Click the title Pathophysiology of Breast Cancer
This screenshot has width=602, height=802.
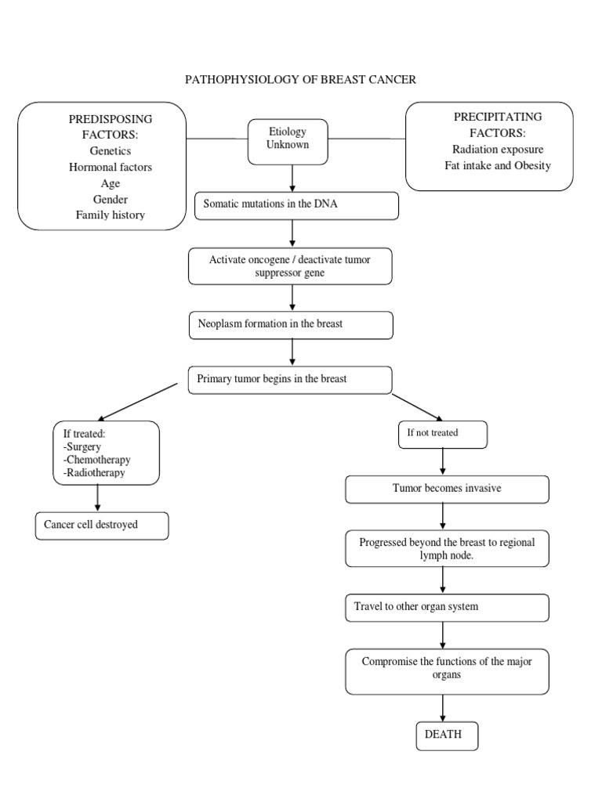[x=300, y=80]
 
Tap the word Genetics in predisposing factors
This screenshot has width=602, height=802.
[x=110, y=151]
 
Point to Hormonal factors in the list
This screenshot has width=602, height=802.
[x=110, y=167]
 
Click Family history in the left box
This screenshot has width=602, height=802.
[x=110, y=215]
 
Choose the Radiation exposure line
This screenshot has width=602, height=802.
[x=498, y=149]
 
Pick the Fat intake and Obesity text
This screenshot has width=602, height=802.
[x=498, y=165]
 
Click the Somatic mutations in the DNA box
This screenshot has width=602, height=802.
[x=296, y=205]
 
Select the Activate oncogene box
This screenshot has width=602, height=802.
[x=290, y=266]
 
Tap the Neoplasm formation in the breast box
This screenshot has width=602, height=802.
[x=291, y=324]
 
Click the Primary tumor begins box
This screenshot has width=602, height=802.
[x=290, y=380]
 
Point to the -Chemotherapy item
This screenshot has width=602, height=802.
[x=97, y=460]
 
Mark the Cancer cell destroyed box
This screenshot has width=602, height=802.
[x=102, y=526]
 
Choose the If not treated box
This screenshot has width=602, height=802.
[x=443, y=434]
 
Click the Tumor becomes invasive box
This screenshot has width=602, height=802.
[x=447, y=489]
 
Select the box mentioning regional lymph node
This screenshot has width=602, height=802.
[x=447, y=548]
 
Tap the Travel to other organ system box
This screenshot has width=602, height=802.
[x=447, y=607]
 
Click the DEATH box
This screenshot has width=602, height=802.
[x=446, y=735]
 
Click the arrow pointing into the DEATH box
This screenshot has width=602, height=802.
[x=444, y=708]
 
